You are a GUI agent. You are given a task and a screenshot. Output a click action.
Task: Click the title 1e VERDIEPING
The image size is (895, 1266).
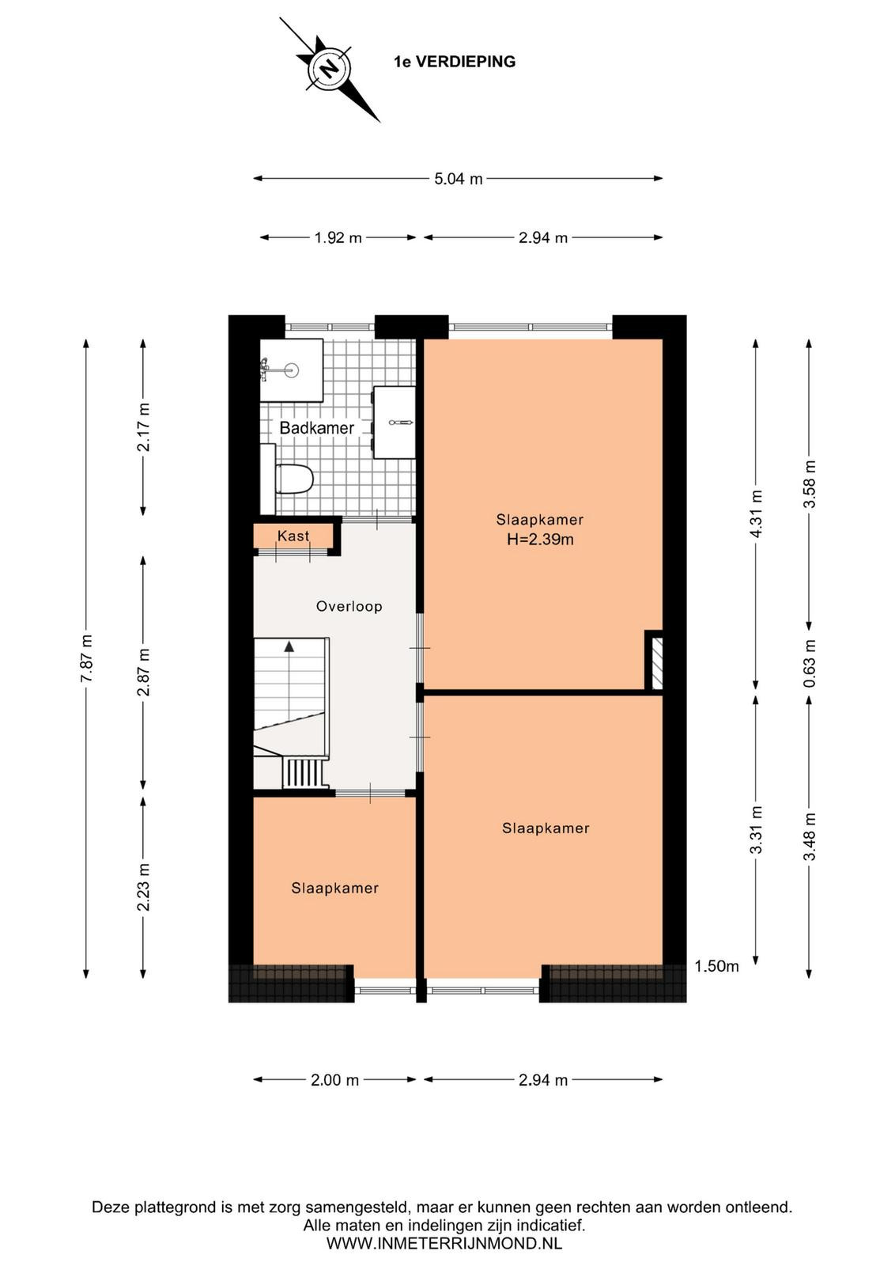point(455,62)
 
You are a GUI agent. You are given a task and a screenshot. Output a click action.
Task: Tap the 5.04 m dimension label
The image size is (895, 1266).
point(458,179)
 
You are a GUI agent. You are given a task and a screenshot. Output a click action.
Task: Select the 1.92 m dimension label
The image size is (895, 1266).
point(338,238)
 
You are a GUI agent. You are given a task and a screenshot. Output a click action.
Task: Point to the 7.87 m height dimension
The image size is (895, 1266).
point(86,658)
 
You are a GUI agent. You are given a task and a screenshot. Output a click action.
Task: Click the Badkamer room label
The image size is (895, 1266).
point(317,428)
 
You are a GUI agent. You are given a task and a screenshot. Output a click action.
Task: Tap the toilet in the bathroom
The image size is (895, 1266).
point(294,479)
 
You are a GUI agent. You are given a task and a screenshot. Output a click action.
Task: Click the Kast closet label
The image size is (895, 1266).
point(293,535)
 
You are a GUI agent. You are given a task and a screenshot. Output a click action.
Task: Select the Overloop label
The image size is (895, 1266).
point(349,606)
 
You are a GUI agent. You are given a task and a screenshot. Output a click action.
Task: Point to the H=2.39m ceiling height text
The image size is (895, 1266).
point(540,539)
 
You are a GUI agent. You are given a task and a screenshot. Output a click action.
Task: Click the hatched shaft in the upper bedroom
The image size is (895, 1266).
point(657,663)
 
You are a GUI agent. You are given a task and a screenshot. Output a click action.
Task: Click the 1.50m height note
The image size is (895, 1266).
point(716,966)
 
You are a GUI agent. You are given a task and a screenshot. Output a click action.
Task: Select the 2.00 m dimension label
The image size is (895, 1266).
point(335,1080)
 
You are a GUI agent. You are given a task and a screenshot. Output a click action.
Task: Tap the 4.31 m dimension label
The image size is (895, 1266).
point(757,514)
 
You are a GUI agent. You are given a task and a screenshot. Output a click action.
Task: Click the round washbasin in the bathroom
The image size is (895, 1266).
point(292,371)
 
